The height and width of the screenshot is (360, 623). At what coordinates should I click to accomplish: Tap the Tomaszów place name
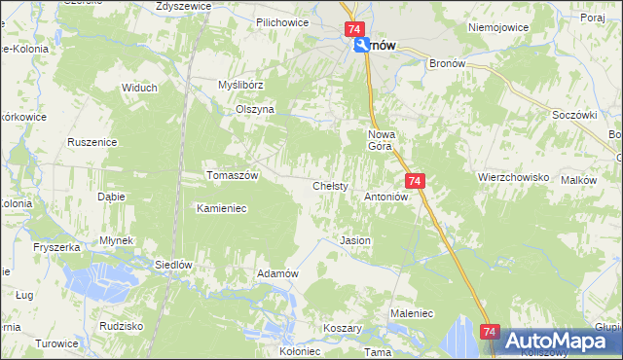click(x=233, y=175)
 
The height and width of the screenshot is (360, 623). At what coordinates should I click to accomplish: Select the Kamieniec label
click(x=224, y=208)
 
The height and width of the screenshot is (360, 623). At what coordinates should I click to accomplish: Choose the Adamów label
click(x=276, y=273)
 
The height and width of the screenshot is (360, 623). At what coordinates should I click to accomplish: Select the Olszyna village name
click(x=256, y=110)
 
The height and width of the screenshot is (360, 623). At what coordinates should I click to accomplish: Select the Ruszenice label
click(x=92, y=142)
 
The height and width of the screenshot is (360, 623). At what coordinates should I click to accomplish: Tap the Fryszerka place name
click(x=55, y=248)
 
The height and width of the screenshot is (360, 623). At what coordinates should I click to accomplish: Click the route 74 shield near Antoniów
click(x=415, y=181)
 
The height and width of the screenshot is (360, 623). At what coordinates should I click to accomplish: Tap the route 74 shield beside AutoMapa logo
click(x=490, y=333)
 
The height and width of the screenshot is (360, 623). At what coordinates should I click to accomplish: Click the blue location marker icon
click(x=361, y=46)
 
